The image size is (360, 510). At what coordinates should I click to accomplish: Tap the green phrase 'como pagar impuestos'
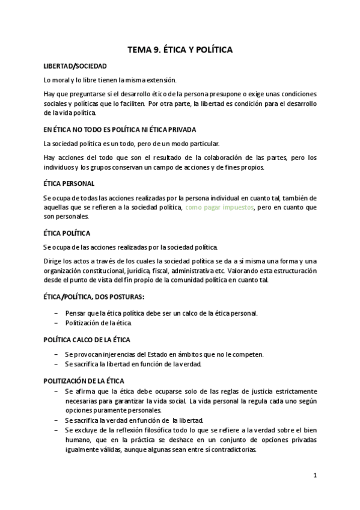220,207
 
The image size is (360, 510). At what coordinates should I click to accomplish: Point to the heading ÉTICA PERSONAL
69,183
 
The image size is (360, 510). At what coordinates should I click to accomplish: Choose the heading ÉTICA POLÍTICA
67,232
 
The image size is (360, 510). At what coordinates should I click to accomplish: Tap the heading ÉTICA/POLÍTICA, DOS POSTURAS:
94,297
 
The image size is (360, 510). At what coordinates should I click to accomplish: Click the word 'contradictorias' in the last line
231,449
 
